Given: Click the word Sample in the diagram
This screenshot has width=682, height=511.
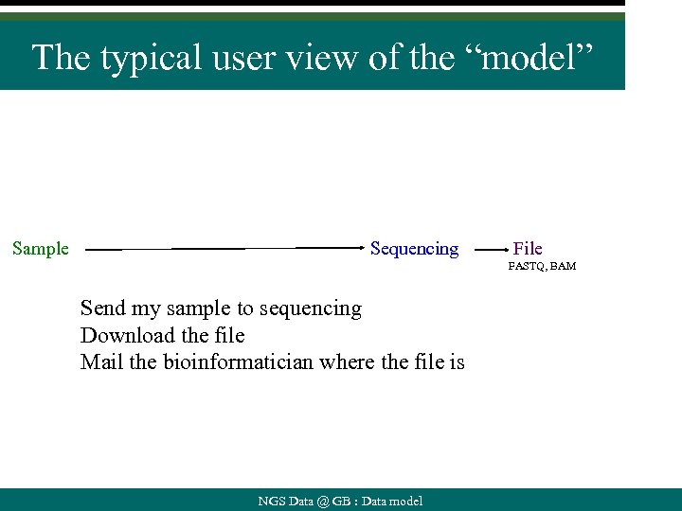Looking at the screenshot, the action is [x=41, y=249].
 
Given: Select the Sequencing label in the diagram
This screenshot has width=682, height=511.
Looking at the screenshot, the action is [x=414, y=249].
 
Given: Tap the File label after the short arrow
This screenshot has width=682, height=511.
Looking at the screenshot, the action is [x=528, y=249].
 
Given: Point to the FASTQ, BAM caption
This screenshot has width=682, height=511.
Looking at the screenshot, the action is [x=542, y=267].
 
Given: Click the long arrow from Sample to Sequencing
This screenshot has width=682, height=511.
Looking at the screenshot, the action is [x=227, y=250].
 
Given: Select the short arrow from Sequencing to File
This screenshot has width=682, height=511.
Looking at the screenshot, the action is [x=490, y=250].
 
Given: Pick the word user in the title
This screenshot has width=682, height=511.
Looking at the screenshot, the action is [x=244, y=58].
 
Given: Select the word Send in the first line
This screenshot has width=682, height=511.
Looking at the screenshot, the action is [x=100, y=308].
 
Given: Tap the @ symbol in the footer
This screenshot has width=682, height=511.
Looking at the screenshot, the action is [x=324, y=502].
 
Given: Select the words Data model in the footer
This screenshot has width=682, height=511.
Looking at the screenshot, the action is [x=391, y=502].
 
